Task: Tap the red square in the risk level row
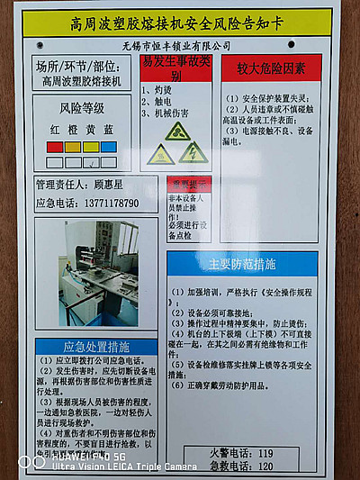55,146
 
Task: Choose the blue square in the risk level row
108,146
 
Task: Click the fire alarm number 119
265,453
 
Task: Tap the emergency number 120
265,466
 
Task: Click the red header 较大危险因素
271,68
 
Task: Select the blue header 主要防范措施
242,264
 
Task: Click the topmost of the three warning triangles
177,131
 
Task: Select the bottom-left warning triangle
160,155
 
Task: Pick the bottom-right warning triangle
193,154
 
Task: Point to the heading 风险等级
80,108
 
